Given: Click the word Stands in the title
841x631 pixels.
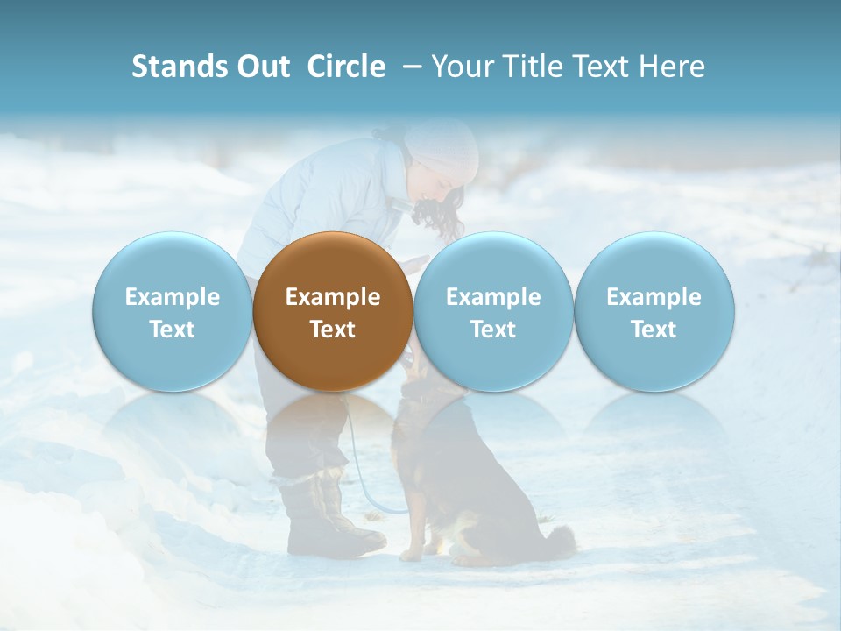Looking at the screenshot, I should pos(179,67).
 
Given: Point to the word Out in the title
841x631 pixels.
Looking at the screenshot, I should pos(262,67).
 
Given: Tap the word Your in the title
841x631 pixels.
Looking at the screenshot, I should pos(463,67).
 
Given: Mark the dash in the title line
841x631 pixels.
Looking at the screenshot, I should pos(407,67).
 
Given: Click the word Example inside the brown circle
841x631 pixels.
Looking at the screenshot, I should pos(333,297).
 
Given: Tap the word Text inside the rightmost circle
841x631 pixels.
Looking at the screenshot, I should pos(654,330).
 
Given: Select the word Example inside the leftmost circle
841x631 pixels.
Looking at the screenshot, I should pos(172,297).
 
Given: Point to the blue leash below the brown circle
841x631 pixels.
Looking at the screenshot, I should pos(358,464).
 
